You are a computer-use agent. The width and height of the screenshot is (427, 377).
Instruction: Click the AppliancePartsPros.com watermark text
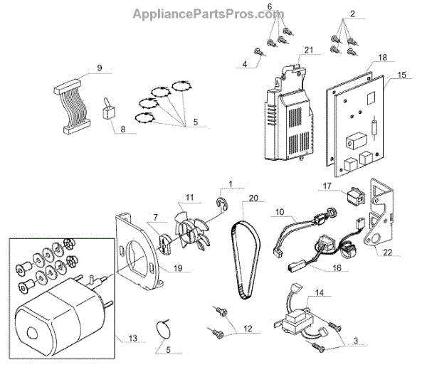pos(213,14)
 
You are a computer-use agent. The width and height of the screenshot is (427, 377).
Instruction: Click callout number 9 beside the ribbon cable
pos(100,68)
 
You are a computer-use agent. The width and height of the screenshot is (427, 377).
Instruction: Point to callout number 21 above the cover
pos(308,49)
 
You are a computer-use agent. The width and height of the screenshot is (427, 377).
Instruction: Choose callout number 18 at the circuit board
pos(381,57)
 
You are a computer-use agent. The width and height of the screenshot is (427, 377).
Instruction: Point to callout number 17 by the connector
pos(327,186)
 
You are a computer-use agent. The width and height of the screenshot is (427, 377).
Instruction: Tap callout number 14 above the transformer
pos(320,292)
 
